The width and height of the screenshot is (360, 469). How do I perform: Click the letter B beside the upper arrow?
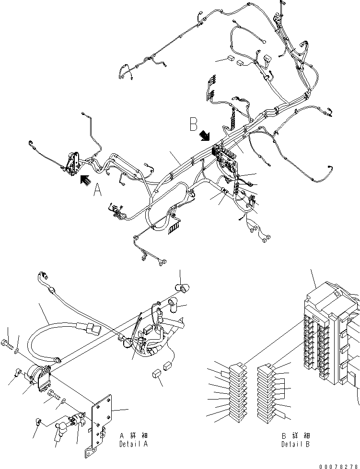point(193,125)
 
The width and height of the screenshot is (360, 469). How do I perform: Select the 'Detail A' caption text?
point(134,444)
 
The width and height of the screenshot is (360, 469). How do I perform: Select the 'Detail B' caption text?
point(296,444)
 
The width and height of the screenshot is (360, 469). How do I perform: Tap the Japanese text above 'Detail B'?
point(296,436)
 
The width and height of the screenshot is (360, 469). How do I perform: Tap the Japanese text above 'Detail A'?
point(134,436)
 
